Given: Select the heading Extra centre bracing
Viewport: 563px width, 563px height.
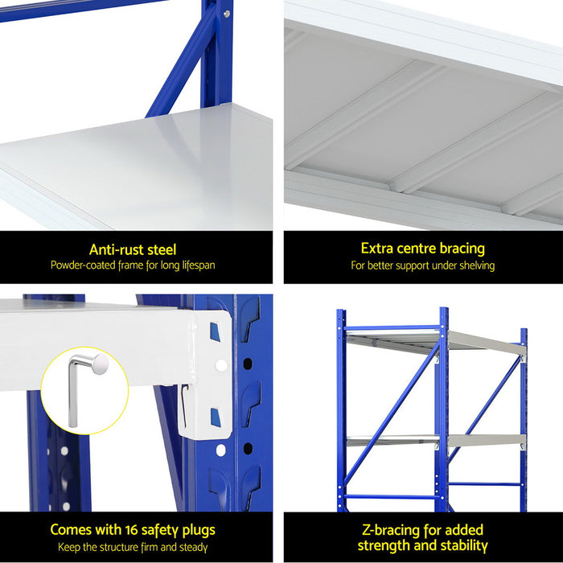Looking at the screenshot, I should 422,249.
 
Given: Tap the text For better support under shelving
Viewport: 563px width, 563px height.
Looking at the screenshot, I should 422,265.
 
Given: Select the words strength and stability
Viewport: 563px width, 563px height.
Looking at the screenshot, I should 423,546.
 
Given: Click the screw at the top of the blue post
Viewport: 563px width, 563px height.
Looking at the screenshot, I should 226,14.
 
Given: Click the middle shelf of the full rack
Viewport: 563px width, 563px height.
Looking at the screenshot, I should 434,441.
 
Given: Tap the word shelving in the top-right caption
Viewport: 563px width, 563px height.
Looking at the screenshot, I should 475,265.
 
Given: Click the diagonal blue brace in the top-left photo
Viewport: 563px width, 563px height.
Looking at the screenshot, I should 181,64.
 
